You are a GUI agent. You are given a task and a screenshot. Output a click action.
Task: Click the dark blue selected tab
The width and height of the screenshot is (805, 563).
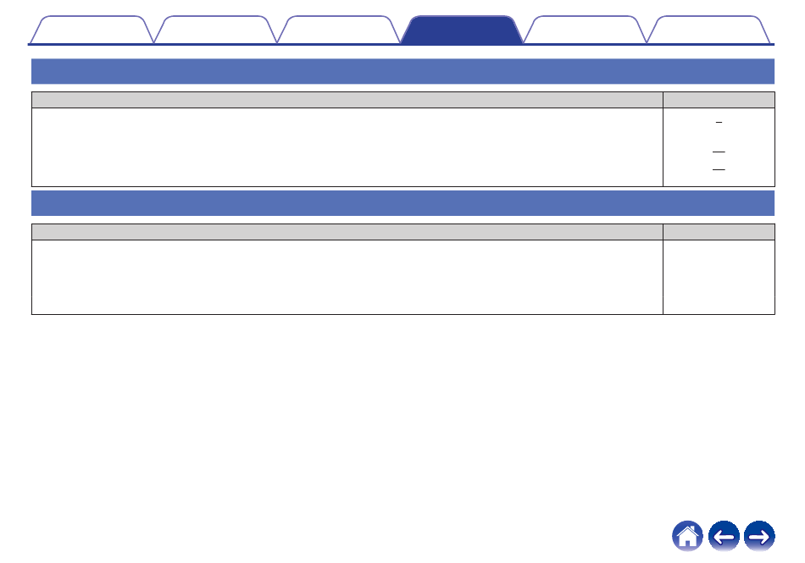coord(461,30)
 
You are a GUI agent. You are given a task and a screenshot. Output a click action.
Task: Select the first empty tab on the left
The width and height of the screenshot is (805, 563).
coord(92,30)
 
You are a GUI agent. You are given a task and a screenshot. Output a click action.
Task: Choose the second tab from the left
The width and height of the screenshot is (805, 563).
coord(216,30)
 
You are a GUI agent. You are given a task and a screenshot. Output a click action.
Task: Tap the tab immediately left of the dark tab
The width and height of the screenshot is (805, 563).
coord(338,30)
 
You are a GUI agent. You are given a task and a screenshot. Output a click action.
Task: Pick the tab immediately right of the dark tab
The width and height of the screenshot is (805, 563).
coord(585,30)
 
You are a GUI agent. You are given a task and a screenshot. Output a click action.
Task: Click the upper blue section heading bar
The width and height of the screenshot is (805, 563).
coord(402,71)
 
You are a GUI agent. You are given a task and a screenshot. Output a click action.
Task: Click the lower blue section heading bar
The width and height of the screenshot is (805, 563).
coord(402,203)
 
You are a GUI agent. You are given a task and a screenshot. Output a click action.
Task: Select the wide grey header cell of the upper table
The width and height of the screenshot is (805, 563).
coord(347,100)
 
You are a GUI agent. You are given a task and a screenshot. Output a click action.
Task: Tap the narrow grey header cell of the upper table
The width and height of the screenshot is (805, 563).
coord(719,100)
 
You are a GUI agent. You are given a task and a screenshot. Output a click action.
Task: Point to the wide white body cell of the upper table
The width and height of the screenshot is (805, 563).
coord(347,146)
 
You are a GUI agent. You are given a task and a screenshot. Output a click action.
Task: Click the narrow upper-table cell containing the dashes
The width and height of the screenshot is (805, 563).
coord(719,146)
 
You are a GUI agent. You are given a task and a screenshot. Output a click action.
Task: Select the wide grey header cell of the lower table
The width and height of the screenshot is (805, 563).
coord(347,232)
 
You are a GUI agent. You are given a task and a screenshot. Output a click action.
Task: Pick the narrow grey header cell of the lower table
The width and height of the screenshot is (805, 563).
coord(719,232)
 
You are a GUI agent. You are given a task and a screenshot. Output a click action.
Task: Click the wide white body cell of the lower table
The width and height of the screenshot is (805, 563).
coord(347,277)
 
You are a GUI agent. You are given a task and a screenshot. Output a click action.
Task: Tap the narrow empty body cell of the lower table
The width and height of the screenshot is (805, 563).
coord(719,277)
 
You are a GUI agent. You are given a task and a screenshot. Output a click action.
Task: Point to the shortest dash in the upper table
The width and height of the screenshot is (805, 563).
coord(719,124)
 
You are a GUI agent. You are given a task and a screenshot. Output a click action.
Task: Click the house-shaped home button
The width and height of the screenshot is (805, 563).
coord(688,536)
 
